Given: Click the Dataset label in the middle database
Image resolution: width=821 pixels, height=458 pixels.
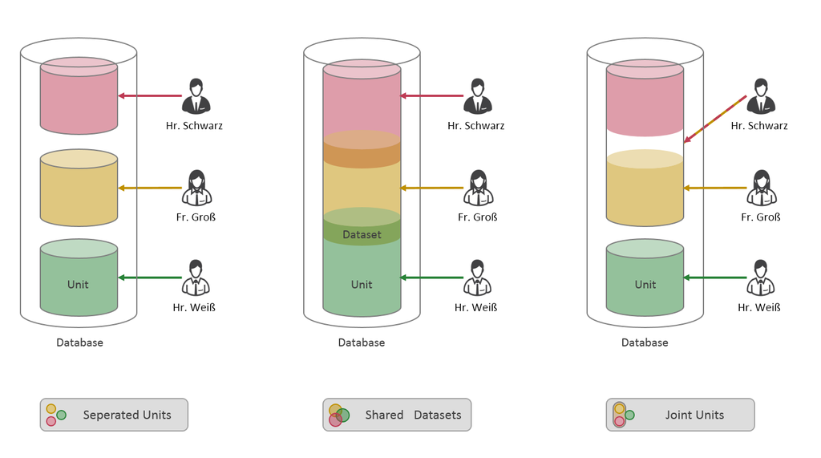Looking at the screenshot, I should pyautogui.click(x=362, y=235).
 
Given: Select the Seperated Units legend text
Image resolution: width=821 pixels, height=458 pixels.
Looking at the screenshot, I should pyautogui.click(x=127, y=415).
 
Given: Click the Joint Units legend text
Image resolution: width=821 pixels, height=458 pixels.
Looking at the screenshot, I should pyautogui.click(x=694, y=415).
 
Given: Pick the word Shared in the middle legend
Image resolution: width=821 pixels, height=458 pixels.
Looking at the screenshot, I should pyautogui.click(x=384, y=415).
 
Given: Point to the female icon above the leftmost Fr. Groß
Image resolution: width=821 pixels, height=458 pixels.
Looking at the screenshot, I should pyautogui.click(x=196, y=188).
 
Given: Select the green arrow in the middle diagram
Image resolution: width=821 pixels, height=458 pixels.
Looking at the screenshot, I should pyautogui.click(x=433, y=278).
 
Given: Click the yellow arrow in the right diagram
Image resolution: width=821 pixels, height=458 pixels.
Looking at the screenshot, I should pyautogui.click(x=716, y=188).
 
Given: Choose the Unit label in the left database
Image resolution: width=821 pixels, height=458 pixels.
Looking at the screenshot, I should pyautogui.click(x=79, y=284).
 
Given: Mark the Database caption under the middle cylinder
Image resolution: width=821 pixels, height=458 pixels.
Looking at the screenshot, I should pyautogui.click(x=362, y=342).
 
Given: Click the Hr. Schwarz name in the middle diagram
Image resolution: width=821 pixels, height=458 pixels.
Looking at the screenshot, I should pyautogui.click(x=476, y=126).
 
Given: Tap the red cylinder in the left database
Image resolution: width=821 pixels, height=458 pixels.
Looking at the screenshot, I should pyautogui.click(x=79, y=100).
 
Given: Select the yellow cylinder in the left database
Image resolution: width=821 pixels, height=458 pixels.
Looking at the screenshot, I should pyautogui.click(x=79, y=193).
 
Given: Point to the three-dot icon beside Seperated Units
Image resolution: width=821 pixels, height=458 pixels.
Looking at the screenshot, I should pyautogui.click(x=55, y=415).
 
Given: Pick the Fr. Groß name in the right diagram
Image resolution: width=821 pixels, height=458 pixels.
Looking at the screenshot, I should pyautogui.click(x=761, y=217).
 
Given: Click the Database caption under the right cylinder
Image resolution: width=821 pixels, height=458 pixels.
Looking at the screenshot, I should pyautogui.click(x=645, y=342).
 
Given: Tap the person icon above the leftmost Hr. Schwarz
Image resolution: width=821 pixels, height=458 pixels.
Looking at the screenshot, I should pyautogui.click(x=196, y=96).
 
